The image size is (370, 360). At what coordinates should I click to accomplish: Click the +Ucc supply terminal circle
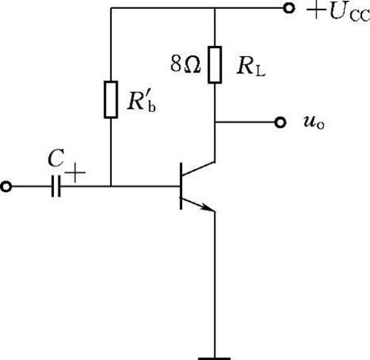pyautogui.click(x=289, y=8)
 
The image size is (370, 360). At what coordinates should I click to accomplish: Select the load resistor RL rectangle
pyautogui.click(x=215, y=64)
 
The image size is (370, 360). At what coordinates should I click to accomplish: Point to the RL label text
pyautogui.click(x=251, y=67)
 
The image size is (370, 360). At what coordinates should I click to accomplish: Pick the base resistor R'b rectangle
pyautogui.click(x=111, y=99)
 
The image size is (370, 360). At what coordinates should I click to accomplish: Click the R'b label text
pyautogui.click(x=141, y=102)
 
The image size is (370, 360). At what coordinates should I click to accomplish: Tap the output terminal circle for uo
pyautogui.click(x=280, y=122)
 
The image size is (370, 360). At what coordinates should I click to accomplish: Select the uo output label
pyautogui.click(x=314, y=123)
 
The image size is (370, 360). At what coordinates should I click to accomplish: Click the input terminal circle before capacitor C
pyautogui.click(x=6, y=186)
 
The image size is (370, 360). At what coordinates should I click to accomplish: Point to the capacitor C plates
pyautogui.click(x=56, y=186)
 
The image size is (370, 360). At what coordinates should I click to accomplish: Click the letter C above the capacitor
pyautogui.click(x=56, y=158)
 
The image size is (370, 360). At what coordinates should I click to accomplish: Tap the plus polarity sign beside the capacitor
pyautogui.click(x=75, y=173)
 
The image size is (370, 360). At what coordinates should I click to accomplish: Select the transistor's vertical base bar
pyautogui.click(x=181, y=186)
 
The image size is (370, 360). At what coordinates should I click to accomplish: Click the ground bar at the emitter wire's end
pyautogui.click(x=215, y=359)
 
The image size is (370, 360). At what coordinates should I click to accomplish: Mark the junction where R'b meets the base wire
pyautogui.click(x=111, y=186)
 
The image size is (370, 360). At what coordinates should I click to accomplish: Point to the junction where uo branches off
pyautogui.click(x=215, y=122)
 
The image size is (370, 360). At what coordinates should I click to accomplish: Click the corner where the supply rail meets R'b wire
pyautogui.click(x=111, y=8)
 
